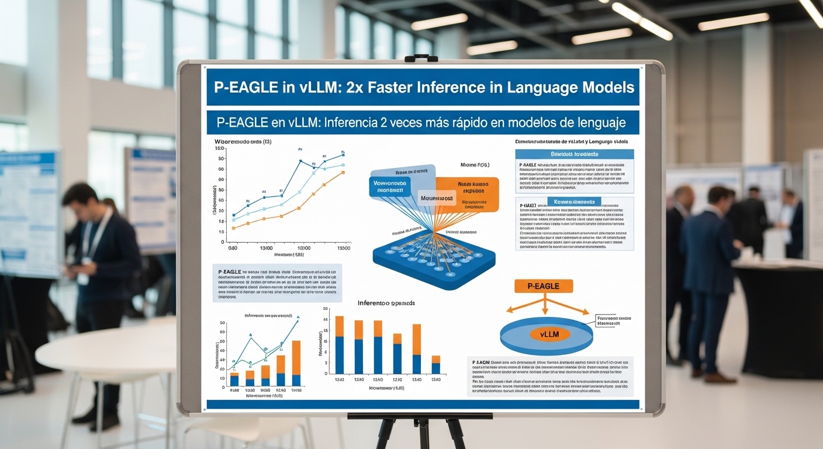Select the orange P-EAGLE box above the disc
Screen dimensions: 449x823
(544, 286)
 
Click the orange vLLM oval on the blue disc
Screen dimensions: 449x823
(546, 334)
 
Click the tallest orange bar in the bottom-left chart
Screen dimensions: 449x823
(296, 357)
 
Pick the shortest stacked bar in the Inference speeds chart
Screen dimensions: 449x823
(435, 364)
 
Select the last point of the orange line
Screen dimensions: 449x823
(343, 172)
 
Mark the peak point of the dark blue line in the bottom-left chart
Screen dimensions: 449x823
(298, 320)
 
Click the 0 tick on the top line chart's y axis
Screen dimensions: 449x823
(222, 241)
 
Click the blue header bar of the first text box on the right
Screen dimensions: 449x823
(574, 154)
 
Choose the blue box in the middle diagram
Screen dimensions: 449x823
(390, 186)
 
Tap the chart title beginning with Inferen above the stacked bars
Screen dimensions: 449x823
(386, 304)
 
